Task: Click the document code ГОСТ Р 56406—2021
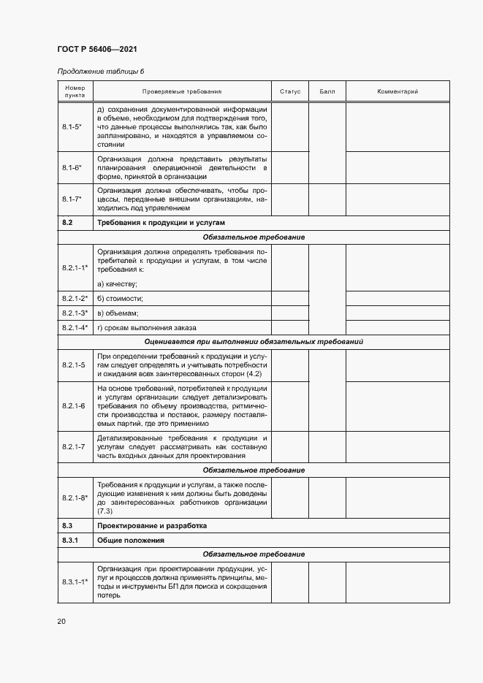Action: pyautogui.click(x=97, y=50)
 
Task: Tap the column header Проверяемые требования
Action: pyautogui.click(x=182, y=91)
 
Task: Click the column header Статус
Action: pyautogui.click(x=290, y=91)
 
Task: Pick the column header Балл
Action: pyautogui.click(x=327, y=91)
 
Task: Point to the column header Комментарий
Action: pyautogui.click(x=398, y=91)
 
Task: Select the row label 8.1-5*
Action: pyautogui.click(x=72, y=127)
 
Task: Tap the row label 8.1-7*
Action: pyautogui.click(x=72, y=199)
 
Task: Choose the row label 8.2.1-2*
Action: pyautogui.click(x=75, y=298)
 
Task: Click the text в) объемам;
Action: pyautogui.click(x=118, y=313)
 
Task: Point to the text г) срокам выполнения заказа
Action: pyautogui.click(x=146, y=327)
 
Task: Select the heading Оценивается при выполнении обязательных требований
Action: pyautogui.click(x=254, y=341)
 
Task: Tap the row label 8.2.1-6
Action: pyautogui.click(x=73, y=405)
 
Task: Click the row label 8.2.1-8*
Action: pyautogui.click(x=75, y=497)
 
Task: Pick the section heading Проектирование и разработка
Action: pyautogui.click(x=151, y=525)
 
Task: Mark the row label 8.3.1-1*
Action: pyautogui.click(x=75, y=581)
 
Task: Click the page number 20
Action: pyautogui.click(x=61, y=622)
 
